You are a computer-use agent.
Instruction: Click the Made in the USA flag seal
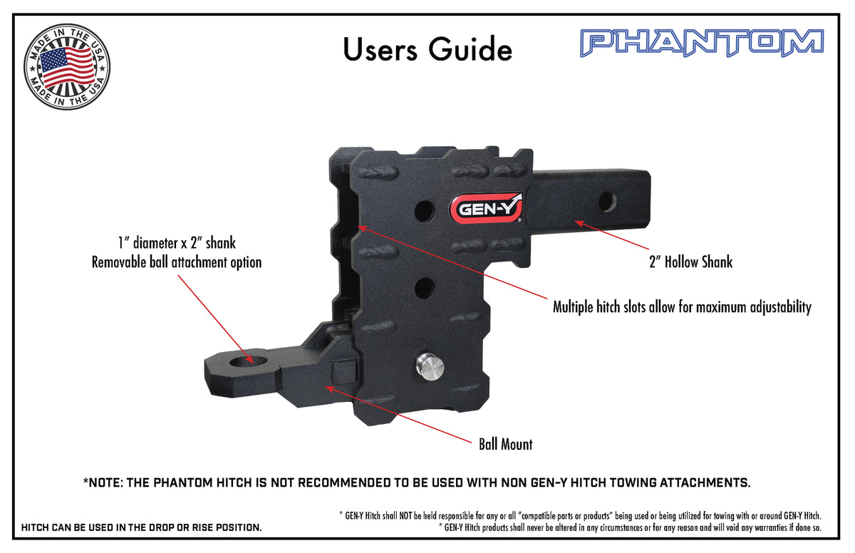[67, 67]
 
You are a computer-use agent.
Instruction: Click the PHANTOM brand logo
[702, 43]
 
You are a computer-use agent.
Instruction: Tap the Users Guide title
[427, 50]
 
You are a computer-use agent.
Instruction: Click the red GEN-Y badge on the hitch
[485, 208]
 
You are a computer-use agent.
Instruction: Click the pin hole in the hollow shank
[607, 202]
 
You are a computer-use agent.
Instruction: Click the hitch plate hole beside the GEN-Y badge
[425, 211]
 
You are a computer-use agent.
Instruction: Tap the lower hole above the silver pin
[425, 288]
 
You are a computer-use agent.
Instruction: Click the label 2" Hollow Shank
[691, 262]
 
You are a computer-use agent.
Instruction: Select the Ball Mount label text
[505, 444]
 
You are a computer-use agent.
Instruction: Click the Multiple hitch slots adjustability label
[682, 307]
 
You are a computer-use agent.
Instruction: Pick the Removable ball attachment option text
[177, 262]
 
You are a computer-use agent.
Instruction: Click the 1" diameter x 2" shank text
[177, 243]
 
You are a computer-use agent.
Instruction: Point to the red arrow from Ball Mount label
[398, 415]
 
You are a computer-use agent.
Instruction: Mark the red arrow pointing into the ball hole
[216, 319]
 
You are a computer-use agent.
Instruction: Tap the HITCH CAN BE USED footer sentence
[142, 527]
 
